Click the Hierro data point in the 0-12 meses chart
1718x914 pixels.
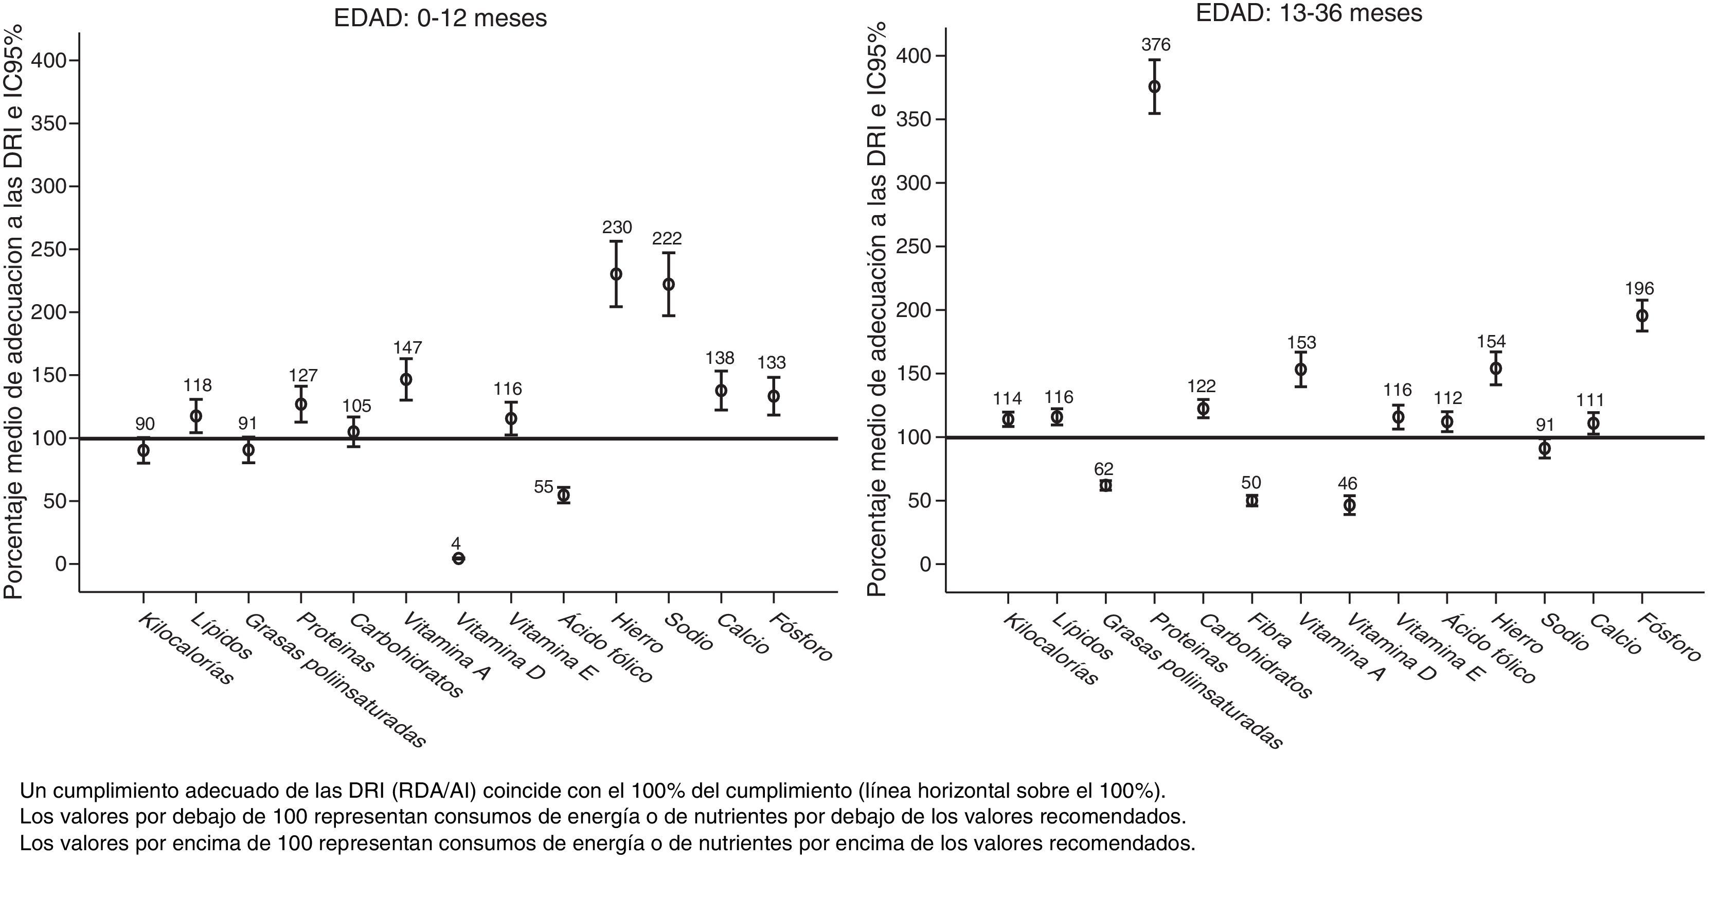pyautogui.click(x=616, y=274)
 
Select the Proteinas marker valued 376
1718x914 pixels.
pyautogui.click(x=1154, y=87)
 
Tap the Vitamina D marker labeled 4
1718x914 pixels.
pyautogui.click(x=458, y=558)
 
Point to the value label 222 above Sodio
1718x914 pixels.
pyautogui.click(x=668, y=238)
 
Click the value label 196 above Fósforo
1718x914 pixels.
pyautogui.click(x=1639, y=288)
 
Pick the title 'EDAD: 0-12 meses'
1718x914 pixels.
pyautogui.click(x=440, y=18)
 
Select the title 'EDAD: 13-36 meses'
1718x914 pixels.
pyautogui.click(x=1309, y=13)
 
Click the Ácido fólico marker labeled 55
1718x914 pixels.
pyautogui.click(x=564, y=495)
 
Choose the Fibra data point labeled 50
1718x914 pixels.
pyautogui.click(x=1252, y=500)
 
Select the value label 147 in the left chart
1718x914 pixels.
pyautogui.click(x=407, y=347)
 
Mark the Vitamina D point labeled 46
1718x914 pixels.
pyautogui.click(x=1349, y=504)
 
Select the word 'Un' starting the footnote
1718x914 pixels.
pyautogui.click(x=32, y=790)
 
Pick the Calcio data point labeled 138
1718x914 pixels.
pyautogui.click(x=721, y=390)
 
